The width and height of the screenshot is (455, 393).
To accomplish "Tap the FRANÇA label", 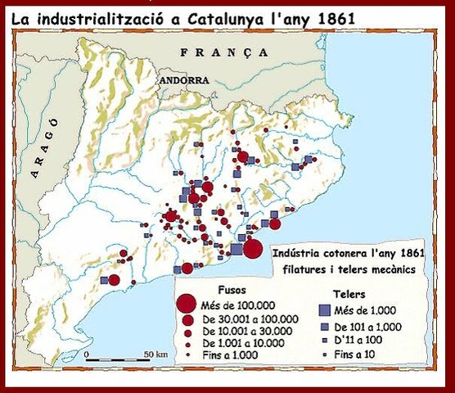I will pyautogui.click(x=224, y=52).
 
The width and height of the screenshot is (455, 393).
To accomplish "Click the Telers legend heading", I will pyautogui.click(x=350, y=293).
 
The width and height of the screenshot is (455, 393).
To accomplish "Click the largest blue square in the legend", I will pyautogui.click(x=324, y=309).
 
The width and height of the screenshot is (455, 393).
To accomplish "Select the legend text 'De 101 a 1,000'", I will pyautogui.click(x=376, y=326).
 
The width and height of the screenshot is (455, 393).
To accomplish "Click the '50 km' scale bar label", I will pyautogui.click(x=155, y=354).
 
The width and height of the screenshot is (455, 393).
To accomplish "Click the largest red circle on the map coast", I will pyautogui.click(x=253, y=249).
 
